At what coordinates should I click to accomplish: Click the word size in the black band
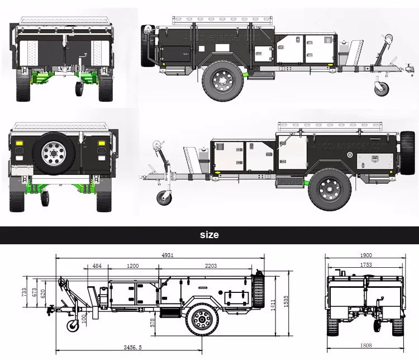(x=209, y=235)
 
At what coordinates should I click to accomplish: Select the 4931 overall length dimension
(x=168, y=255)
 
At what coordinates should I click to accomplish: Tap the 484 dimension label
(x=97, y=266)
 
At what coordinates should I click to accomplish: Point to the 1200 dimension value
(x=133, y=266)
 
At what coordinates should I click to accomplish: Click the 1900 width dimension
(x=366, y=255)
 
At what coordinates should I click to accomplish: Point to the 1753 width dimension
(x=366, y=266)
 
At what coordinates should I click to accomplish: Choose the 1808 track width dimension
(x=366, y=345)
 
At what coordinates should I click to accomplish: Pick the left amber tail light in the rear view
(x=18, y=144)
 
